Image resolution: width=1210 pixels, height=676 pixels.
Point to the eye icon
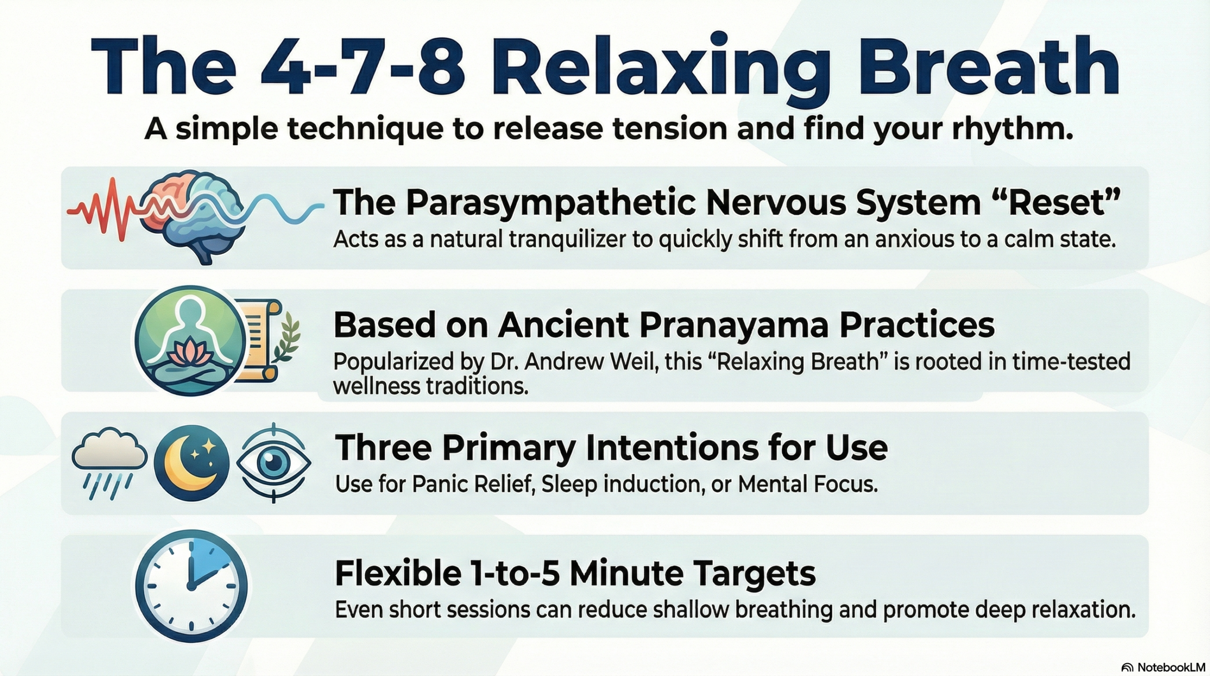pyautogui.click(x=273, y=461)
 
